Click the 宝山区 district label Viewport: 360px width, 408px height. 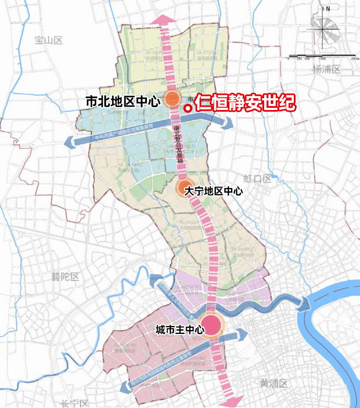pos(49,40)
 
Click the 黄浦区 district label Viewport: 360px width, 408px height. pos(274,384)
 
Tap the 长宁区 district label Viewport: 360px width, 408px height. pos(75,403)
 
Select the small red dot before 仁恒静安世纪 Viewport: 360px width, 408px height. pos(187,107)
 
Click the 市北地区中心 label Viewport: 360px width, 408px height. pos(122,102)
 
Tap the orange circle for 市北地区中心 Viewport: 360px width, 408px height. pos(172,100)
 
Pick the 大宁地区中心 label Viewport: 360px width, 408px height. pos(217,190)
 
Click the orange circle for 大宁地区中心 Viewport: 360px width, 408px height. pos(183,189)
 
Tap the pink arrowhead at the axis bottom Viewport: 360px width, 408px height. pos(232,399)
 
